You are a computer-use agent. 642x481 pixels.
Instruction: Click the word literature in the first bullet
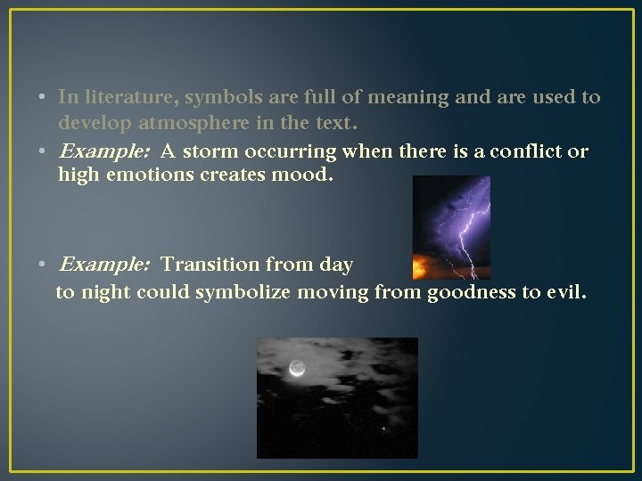click(122, 96)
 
